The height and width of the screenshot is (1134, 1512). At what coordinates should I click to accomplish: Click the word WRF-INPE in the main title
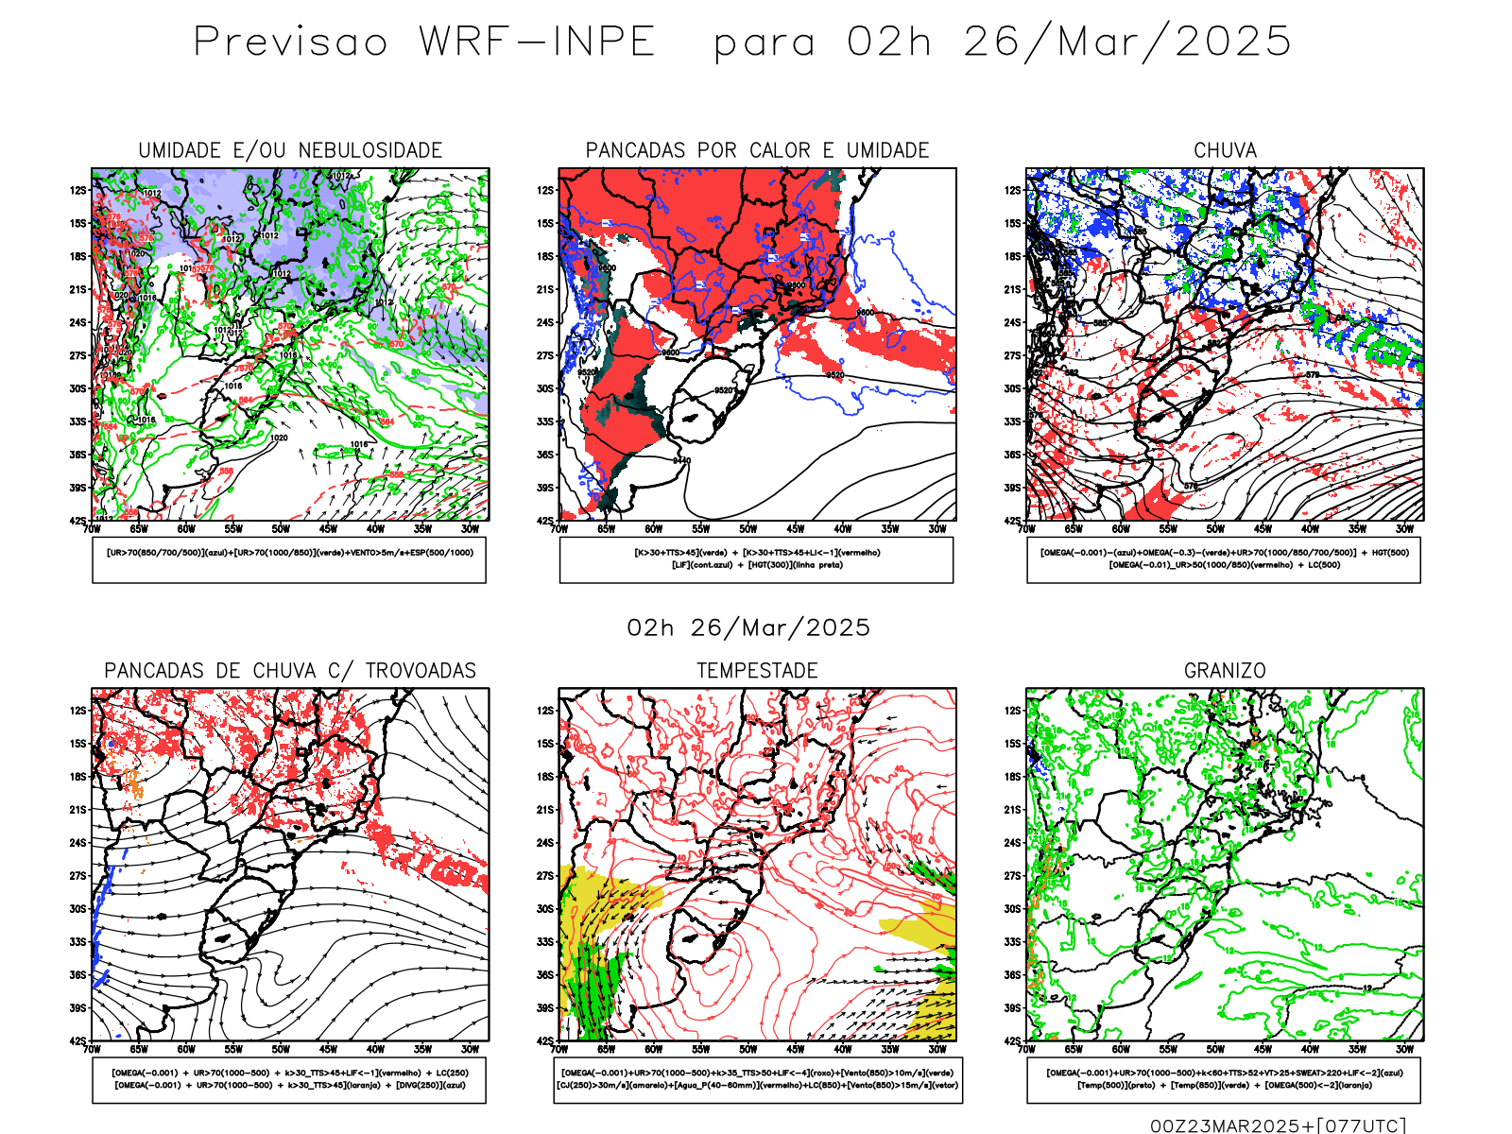[x=537, y=42]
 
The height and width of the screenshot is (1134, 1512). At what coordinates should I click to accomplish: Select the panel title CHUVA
[x=1225, y=150]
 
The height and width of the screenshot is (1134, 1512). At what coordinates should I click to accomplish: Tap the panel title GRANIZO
[x=1225, y=670]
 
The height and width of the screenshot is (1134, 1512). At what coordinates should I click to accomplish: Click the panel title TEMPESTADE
[x=757, y=670]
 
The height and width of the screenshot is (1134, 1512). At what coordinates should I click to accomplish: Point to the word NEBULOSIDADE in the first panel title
[x=370, y=150]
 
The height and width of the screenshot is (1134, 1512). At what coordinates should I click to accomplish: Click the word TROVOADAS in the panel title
[x=421, y=670]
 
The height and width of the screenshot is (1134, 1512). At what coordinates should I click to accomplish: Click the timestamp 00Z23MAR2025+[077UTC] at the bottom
[x=1278, y=1125]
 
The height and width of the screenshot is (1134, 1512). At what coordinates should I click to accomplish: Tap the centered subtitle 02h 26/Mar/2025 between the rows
[x=748, y=627]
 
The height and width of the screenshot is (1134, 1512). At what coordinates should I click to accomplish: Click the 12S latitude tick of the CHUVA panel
[x=1013, y=190]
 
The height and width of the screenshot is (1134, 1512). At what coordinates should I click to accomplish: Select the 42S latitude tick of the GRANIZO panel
[x=1013, y=1040]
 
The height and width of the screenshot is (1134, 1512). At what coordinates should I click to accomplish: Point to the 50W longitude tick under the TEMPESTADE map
[x=748, y=1049]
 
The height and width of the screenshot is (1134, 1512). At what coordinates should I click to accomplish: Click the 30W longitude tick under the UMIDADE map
[x=470, y=529]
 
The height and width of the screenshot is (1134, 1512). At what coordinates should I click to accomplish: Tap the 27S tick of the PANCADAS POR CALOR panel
[x=546, y=355]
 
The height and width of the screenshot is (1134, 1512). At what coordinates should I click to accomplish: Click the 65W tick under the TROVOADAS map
[x=139, y=1049]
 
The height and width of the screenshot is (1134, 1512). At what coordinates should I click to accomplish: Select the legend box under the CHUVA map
[x=1224, y=559]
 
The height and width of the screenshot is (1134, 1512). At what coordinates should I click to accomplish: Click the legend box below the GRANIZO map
[x=1224, y=1079]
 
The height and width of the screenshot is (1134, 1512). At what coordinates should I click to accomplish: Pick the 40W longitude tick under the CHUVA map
[x=1310, y=529]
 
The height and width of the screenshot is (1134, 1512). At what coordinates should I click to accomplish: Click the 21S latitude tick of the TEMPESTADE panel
[x=546, y=810]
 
